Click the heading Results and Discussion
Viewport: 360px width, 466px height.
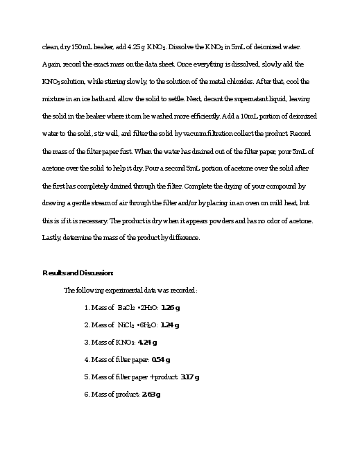(x=78, y=273)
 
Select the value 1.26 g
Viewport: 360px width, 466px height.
(x=170, y=307)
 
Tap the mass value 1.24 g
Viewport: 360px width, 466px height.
(x=170, y=325)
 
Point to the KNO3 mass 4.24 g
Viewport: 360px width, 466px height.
(x=147, y=342)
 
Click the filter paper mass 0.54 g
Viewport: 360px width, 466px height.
(x=160, y=359)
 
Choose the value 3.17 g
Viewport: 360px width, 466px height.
(x=189, y=377)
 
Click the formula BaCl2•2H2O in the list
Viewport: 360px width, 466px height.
(x=137, y=307)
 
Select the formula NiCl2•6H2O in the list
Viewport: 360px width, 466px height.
(x=137, y=325)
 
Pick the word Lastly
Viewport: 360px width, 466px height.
(x=53, y=238)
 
